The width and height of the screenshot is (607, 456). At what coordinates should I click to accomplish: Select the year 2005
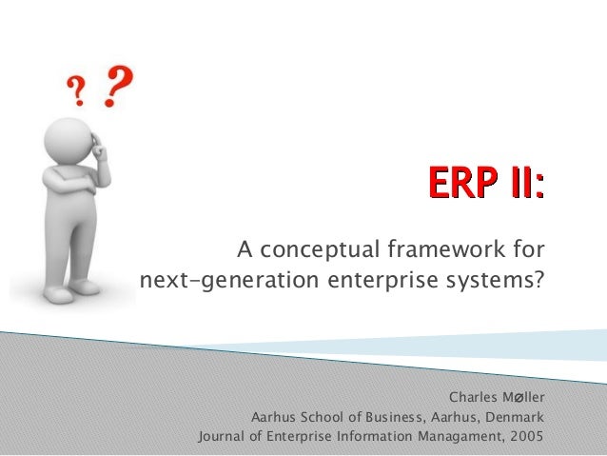pyautogui.click(x=525, y=437)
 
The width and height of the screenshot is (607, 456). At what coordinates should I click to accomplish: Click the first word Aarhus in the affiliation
pyautogui.click(x=273, y=417)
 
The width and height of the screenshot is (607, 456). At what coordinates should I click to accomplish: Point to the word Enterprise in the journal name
pyautogui.click(x=301, y=437)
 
